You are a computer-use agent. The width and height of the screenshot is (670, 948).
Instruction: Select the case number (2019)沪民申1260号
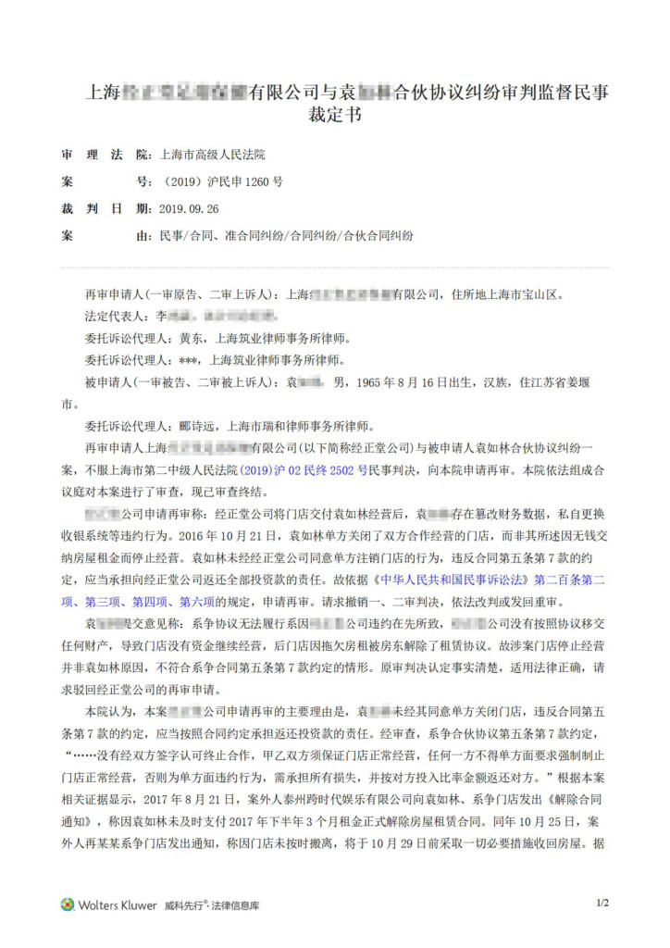[x=222, y=182]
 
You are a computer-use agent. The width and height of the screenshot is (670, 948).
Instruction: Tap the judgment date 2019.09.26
[x=189, y=209]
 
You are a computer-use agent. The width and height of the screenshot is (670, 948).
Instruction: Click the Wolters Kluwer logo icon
[x=68, y=904]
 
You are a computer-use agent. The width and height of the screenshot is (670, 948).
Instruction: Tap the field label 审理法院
[x=103, y=156]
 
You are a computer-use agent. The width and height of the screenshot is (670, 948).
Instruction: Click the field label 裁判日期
[x=103, y=209]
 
